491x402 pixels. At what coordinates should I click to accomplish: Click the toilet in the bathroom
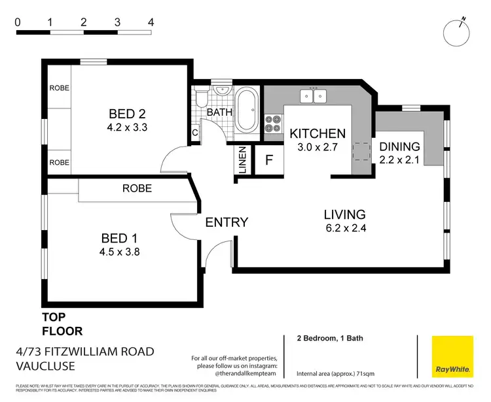tap(203, 98)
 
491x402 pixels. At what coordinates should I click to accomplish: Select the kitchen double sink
tap(313, 97)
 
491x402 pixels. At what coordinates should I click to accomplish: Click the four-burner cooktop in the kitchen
tap(272, 124)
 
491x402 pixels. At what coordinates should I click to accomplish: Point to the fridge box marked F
tap(269, 159)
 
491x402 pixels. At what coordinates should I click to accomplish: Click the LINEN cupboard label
tap(242, 161)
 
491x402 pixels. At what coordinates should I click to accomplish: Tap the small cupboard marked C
tap(195, 133)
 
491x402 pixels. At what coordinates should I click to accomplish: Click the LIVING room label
tap(345, 214)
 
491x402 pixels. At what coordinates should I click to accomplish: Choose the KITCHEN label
tap(318, 134)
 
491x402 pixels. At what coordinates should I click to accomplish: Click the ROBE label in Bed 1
tap(137, 188)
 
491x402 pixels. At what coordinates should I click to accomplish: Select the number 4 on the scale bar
tap(151, 22)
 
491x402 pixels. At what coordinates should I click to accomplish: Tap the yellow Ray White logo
tap(452, 356)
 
